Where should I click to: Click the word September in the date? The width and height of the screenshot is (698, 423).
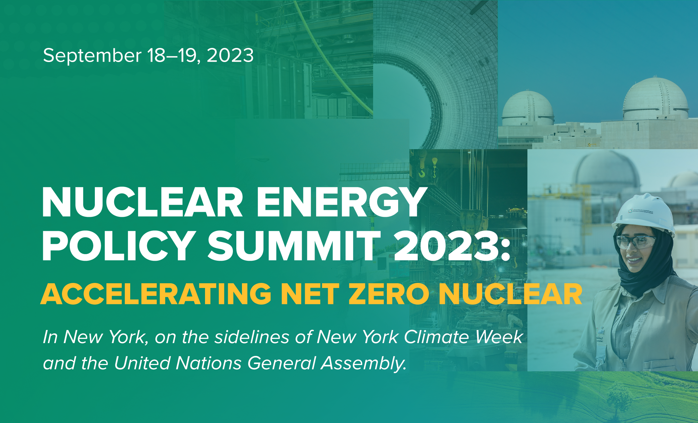point(92,56)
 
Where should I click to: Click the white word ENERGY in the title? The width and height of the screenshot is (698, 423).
point(340,202)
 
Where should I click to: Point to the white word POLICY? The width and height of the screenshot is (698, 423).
point(117,246)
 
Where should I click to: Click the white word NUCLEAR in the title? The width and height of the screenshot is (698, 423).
point(142,202)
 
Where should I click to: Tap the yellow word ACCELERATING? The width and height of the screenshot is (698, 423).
point(156,294)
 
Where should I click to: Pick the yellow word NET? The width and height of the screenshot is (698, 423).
point(310,294)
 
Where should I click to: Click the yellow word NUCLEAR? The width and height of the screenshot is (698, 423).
point(510,294)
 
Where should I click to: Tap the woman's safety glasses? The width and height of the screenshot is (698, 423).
point(635,242)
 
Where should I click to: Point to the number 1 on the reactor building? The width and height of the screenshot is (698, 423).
point(638,127)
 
